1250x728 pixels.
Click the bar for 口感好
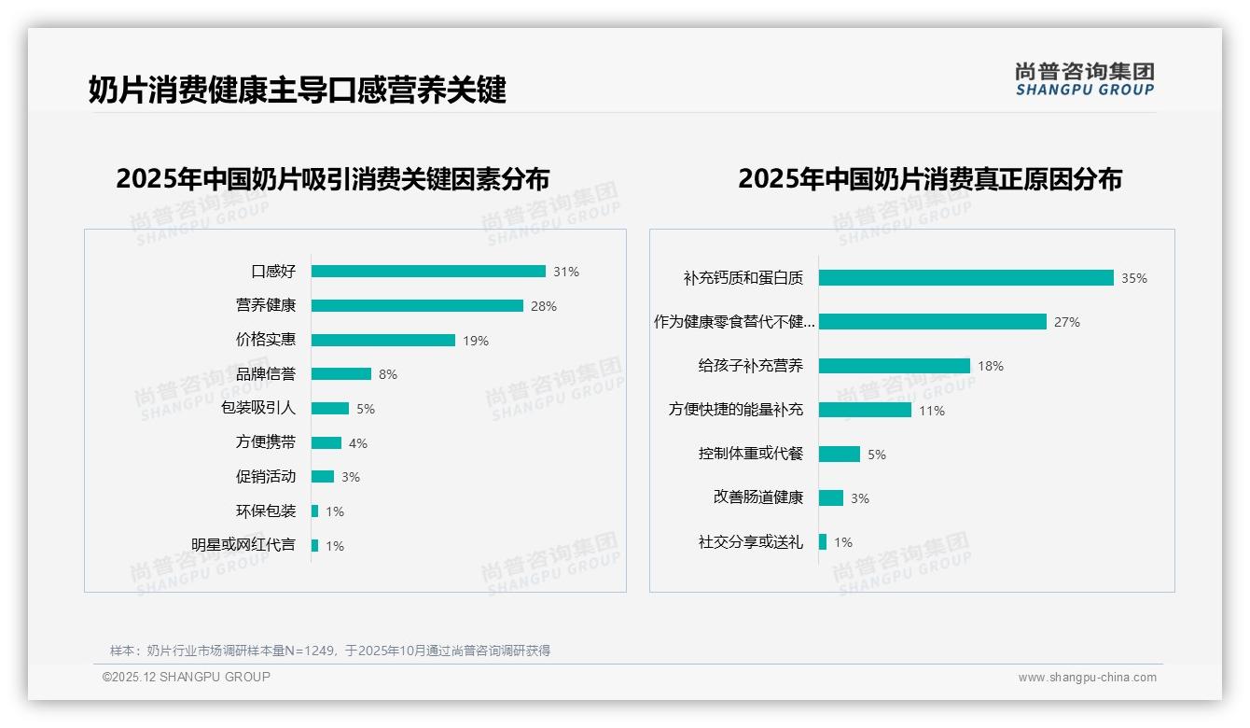coord(428,272)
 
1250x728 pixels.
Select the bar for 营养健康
coord(417,306)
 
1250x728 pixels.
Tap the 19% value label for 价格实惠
coord(476,341)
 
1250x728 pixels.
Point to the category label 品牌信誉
coord(266,374)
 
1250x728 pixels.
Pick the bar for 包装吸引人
coord(330,409)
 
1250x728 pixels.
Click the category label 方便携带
coord(266,442)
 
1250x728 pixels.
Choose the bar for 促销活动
coord(323,477)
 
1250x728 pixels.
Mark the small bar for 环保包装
coord(315,511)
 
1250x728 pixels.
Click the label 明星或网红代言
coord(243,545)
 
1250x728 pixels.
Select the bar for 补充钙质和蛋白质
coord(966,278)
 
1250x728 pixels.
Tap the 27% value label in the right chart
coord(1067,322)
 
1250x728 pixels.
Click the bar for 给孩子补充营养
coord(895,366)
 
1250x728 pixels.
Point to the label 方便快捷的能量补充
coord(736,410)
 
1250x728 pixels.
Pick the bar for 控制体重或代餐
coord(840,455)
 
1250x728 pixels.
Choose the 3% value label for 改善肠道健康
coord(860,498)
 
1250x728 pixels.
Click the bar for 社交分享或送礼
coord(823,542)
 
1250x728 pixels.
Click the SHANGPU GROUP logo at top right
coord(1085,79)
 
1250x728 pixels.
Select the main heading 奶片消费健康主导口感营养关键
coord(298,91)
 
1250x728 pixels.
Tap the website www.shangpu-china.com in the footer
coord(1087,678)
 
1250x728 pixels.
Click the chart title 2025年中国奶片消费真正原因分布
coord(930,178)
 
